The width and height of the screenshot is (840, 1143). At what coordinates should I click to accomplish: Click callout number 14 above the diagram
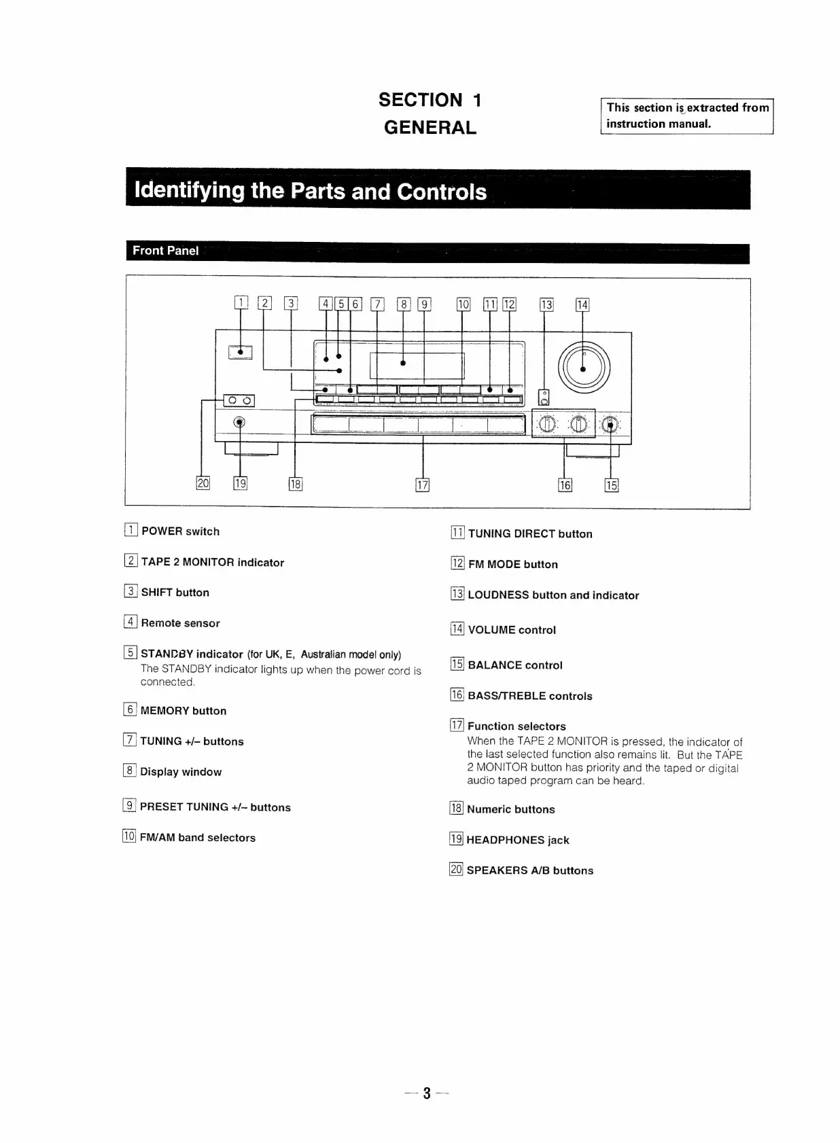coord(582,305)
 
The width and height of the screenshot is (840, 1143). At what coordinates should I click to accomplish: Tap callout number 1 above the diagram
coord(241,304)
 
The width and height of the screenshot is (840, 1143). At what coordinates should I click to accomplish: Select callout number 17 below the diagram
coord(422,485)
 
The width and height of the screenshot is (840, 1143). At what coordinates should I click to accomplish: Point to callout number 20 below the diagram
coord(203,483)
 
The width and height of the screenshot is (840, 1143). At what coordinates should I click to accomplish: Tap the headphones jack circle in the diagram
coord(239,422)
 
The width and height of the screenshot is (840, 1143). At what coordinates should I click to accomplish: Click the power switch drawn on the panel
coord(241,351)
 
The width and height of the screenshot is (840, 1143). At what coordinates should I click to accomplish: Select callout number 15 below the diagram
coord(612,485)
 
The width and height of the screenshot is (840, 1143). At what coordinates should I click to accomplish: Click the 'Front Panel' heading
coord(166,251)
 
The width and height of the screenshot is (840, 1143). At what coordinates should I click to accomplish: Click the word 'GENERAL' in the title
coord(430,128)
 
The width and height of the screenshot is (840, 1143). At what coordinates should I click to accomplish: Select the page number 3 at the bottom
coord(427,1093)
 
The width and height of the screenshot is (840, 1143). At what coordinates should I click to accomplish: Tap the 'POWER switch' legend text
coord(180,531)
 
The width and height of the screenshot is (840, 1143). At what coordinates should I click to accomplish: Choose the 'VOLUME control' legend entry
coord(512,630)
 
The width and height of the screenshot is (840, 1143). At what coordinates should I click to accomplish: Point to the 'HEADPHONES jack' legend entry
coord(518,840)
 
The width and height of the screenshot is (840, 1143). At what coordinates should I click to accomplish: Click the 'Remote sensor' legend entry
coord(180,623)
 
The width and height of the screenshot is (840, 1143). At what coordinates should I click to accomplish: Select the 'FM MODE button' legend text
coord(512,564)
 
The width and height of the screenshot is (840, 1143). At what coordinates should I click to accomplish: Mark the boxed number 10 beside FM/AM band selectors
coord(129,837)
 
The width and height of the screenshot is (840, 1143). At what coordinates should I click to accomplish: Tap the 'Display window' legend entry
coord(181,772)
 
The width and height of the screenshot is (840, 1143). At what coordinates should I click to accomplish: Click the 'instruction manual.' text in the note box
coord(659,124)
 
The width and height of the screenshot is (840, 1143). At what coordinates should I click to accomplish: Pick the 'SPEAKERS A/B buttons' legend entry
coord(529,871)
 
